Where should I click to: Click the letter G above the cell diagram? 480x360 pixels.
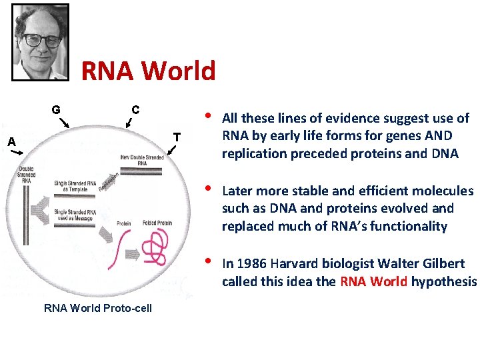57,109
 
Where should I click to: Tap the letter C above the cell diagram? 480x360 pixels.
135,109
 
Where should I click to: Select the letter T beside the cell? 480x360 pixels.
177,137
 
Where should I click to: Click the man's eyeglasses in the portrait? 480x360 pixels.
41,39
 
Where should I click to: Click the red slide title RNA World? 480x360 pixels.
148,70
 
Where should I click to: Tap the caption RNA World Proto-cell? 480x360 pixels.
98,308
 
